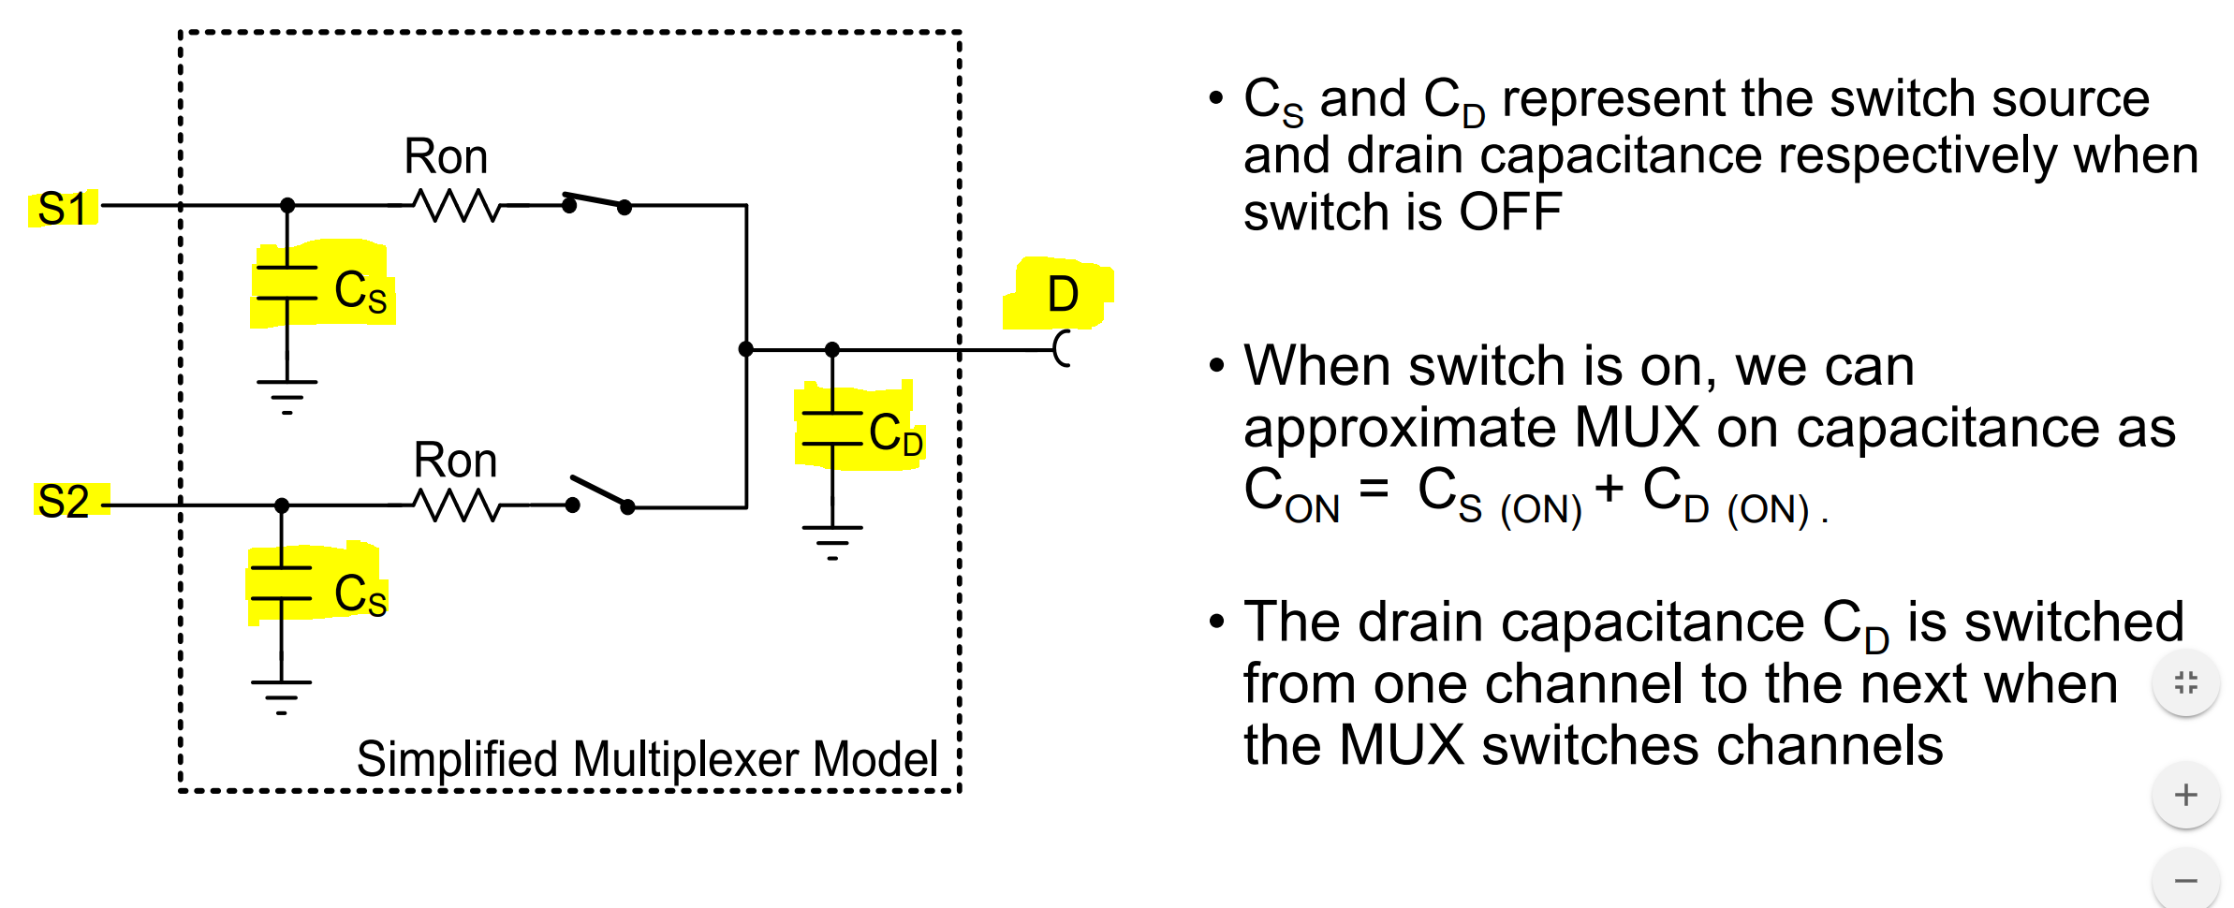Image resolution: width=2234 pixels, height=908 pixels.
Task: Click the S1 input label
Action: point(63,209)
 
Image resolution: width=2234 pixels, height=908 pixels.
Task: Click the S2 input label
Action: point(64,502)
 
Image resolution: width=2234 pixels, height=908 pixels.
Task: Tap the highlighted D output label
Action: point(1063,294)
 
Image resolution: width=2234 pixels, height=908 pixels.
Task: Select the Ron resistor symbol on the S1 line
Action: point(457,206)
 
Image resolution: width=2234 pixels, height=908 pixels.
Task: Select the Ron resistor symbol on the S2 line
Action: point(457,506)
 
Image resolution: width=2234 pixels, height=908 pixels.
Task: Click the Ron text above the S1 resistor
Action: point(446,156)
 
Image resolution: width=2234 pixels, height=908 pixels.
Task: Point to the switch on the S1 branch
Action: point(596,202)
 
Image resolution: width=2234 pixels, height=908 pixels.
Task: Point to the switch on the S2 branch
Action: point(600,495)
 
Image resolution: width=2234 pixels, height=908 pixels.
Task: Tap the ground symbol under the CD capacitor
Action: point(832,542)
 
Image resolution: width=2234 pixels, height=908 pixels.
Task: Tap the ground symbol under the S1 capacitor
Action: point(287,396)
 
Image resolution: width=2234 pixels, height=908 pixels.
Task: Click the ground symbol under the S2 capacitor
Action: point(281,696)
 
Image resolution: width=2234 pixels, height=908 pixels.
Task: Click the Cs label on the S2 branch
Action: point(360,594)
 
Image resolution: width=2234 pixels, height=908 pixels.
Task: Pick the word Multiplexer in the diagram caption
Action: point(687,759)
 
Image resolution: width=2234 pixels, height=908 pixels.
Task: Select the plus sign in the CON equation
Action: point(1609,489)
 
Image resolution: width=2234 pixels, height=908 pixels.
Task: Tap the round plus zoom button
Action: point(2185,796)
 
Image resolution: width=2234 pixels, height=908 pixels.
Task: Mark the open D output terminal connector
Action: point(1062,349)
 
